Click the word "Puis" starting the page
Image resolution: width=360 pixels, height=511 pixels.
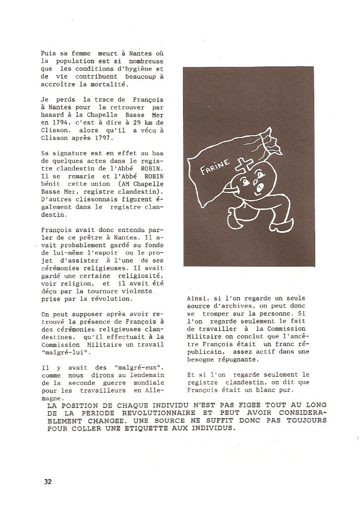coord(48,54)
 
